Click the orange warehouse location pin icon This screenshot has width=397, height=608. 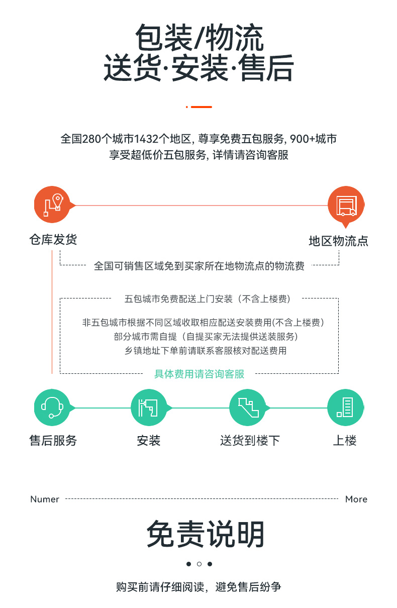52,205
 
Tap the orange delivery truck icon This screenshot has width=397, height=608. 346,205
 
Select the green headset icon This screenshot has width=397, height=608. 52,408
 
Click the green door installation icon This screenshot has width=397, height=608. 149,408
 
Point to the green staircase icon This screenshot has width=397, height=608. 247,408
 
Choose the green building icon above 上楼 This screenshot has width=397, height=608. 345,408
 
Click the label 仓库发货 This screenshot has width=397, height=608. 53,239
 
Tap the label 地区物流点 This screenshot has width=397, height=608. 338,241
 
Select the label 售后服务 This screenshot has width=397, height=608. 53,440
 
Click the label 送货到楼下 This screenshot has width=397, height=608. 250,440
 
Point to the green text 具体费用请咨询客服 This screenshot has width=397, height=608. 200,374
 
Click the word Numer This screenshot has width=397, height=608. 45,499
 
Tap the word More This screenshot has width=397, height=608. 356,499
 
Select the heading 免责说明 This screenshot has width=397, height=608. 206,534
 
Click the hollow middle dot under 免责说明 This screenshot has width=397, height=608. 199,564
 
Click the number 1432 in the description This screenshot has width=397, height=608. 146,139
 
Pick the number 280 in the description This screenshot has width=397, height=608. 91,139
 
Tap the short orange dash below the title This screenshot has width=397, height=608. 201,107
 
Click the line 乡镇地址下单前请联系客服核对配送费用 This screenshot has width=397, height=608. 206,351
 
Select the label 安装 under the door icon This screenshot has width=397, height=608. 149,440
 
